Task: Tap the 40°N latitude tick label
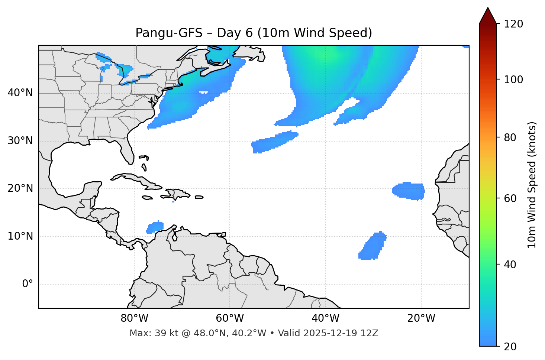tap(20, 93)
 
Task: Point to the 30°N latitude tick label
tap(20, 141)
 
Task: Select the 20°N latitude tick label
tap(20, 188)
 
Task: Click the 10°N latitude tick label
tap(20, 236)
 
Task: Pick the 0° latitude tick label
tap(28, 284)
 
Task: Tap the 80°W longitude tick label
tap(134, 318)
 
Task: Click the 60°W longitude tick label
tap(230, 318)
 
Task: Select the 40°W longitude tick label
tap(325, 318)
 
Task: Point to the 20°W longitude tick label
tap(421, 318)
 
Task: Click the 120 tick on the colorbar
tap(513, 24)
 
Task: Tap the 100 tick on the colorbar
tap(513, 80)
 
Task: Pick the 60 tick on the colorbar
tap(510, 198)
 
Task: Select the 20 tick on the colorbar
tap(510, 347)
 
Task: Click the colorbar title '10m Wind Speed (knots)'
tap(532, 185)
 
